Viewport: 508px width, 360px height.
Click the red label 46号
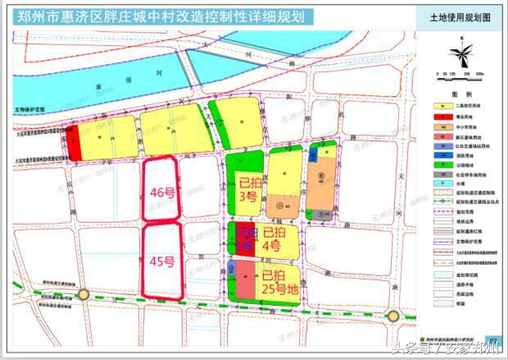point(162,193)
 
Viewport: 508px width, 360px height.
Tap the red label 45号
point(162,262)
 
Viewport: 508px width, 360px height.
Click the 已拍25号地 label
point(279,283)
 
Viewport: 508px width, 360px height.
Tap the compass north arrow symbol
point(464,54)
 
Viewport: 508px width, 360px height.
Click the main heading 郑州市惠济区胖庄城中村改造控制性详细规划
point(156,16)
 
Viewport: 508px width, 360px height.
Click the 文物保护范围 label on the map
point(34,108)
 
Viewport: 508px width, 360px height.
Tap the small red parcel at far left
point(74,144)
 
